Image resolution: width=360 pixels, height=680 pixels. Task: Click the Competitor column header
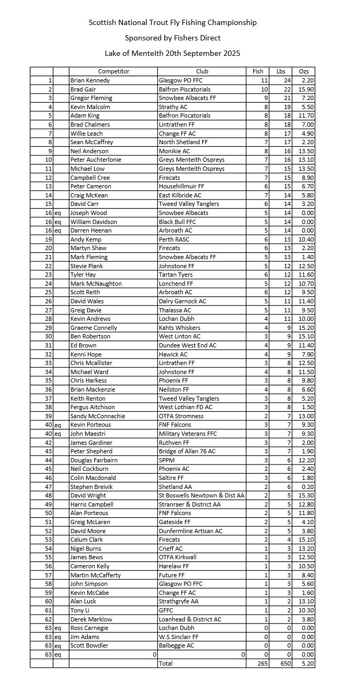(113, 71)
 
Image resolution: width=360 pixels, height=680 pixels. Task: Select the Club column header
(202, 71)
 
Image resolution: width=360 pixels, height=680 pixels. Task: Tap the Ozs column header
(304, 71)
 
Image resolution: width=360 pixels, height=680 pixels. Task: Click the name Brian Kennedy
(90, 80)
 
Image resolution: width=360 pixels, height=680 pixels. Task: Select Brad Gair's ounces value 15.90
(307, 89)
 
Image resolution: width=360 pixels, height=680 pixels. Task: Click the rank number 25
(48, 292)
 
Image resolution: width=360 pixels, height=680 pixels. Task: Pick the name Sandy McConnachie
(98, 416)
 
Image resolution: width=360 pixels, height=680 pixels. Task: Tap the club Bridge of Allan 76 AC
(187, 451)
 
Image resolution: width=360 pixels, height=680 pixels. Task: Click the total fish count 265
(261, 664)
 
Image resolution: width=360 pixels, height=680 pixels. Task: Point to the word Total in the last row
(165, 664)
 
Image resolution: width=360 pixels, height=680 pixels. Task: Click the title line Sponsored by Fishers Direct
(172, 38)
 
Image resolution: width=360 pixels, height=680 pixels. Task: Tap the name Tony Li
(80, 610)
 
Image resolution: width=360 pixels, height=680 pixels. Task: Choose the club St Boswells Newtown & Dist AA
(202, 495)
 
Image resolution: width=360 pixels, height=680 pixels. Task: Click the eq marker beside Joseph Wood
(57, 213)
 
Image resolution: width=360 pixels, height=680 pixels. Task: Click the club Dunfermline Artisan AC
(190, 531)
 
